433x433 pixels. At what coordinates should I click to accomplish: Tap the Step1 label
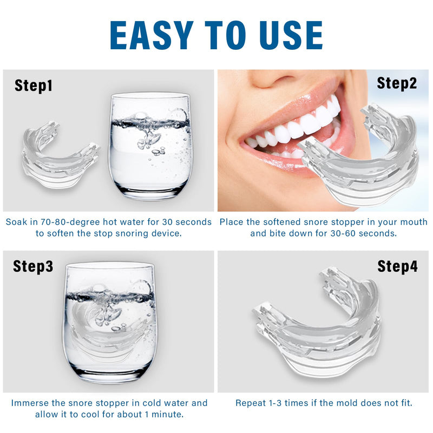click(x=34, y=85)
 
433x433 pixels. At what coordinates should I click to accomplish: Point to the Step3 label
click(x=34, y=266)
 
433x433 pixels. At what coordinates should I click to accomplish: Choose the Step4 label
click(x=397, y=266)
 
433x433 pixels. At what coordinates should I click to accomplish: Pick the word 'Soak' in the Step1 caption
click(x=17, y=222)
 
